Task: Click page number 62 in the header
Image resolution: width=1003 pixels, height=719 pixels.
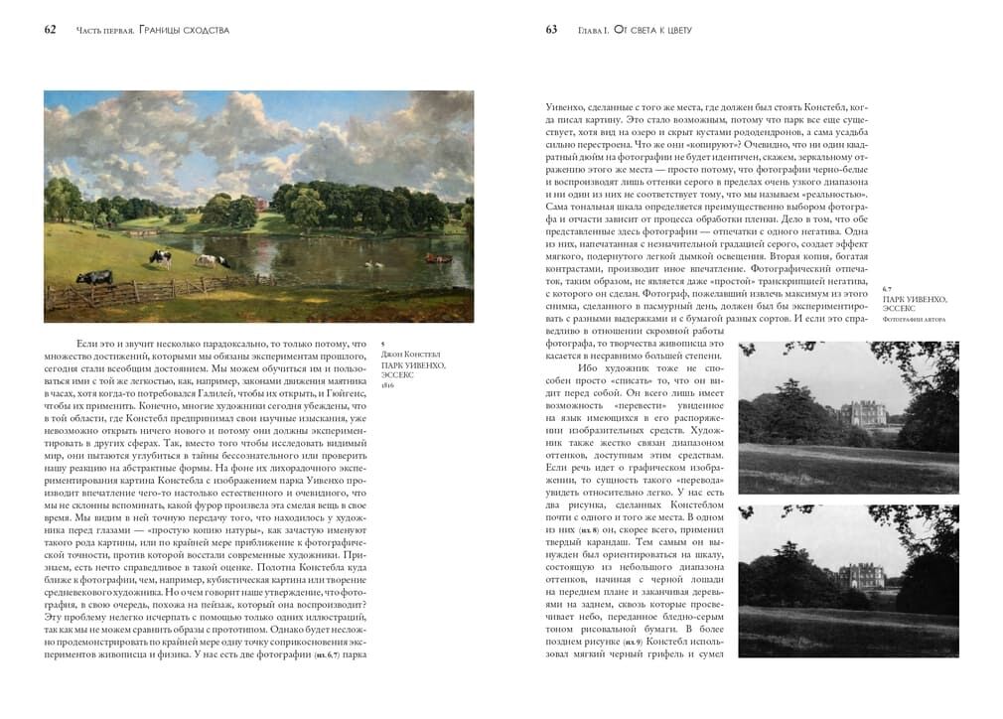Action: pos(50,30)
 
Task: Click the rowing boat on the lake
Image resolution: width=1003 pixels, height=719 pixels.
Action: pos(433,257)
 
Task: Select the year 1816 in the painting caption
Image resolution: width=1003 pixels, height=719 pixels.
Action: pos(389,384)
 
